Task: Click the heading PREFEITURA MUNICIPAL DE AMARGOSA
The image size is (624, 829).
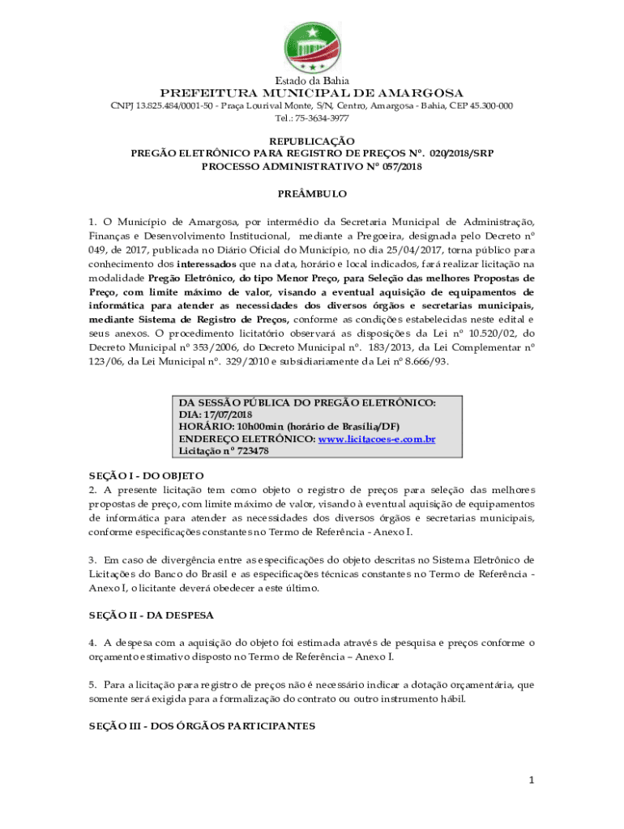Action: click(312, 93)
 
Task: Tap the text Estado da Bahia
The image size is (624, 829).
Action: click(312, 80)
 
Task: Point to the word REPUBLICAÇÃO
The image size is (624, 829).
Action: click(312, 141)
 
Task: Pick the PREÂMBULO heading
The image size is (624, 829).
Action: click(312, 194)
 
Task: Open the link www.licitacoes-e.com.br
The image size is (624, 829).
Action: click(377, 439)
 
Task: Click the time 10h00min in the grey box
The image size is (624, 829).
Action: click(260, 427)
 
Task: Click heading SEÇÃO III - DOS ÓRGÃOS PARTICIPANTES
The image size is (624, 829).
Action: click(202, 726)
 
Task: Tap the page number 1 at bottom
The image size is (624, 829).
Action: click(532, 780)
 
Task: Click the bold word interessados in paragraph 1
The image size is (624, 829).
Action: click(207, 264)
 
